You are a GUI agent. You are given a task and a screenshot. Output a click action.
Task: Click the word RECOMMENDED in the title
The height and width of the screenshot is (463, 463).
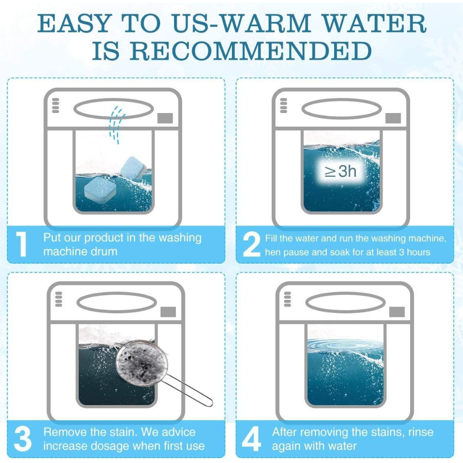coord(250,51)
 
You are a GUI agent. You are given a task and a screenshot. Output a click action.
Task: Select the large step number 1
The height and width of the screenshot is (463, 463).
coord(22,244)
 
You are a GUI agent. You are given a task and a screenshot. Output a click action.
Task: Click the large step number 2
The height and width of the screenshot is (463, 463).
coord(251,244)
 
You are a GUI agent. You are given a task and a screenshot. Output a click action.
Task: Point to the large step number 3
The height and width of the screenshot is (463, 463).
coord(23,439)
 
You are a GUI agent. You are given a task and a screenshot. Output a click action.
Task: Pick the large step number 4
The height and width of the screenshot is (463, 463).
coord(251,439)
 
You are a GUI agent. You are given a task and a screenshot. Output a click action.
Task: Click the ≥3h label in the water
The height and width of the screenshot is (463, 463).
coord(340,171)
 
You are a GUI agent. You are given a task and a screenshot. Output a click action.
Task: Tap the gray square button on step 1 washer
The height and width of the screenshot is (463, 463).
coord(165,118)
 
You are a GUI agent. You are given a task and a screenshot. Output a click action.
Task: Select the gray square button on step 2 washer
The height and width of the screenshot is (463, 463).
coord(393,118)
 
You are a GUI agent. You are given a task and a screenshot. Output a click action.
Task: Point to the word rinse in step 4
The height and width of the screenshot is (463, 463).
coord(421,432)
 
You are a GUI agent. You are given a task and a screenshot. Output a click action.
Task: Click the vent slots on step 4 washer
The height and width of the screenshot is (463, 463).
coord(287,299)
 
